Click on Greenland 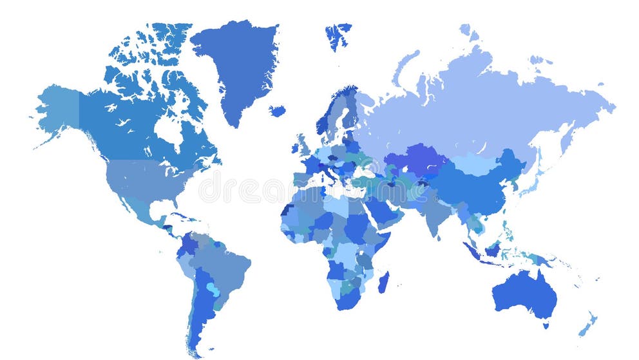pos(235,64)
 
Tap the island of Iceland pos(278,111)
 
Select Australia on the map pos(523,293)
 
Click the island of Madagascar pos(384,282)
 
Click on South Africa pos(348,298)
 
